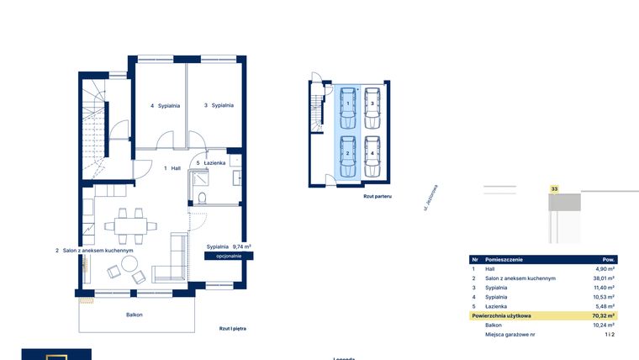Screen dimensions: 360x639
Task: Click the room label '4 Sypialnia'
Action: point(164,106)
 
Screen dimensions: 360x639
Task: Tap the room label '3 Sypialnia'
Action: point(218,106)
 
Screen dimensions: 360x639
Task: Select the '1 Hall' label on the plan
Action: point(172,168)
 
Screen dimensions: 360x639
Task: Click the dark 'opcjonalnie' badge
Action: point(228,256)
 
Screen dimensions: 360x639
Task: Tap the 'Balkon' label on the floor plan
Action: point(134,315)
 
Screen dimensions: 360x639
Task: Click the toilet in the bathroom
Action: point(202,198)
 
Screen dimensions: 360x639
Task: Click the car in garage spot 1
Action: point(348,105)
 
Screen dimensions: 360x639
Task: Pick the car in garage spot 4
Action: point(372,156)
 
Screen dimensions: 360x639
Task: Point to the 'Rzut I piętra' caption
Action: point(232,329)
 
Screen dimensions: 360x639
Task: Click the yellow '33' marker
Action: point(554,189)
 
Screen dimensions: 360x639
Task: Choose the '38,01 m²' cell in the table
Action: point(604,278)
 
